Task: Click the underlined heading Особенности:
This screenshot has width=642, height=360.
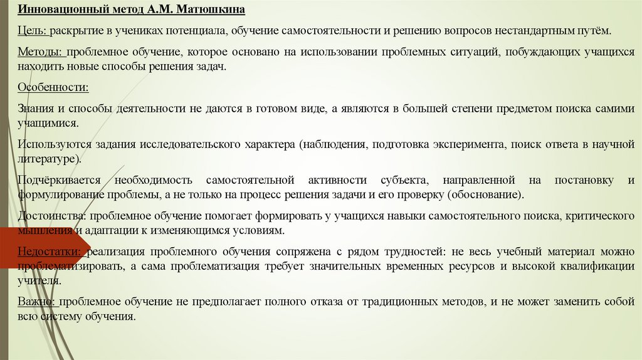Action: tap(53, 87)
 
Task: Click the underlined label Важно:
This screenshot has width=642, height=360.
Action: tap(36, 302)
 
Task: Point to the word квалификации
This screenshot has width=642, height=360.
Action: tap(599, 267)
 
